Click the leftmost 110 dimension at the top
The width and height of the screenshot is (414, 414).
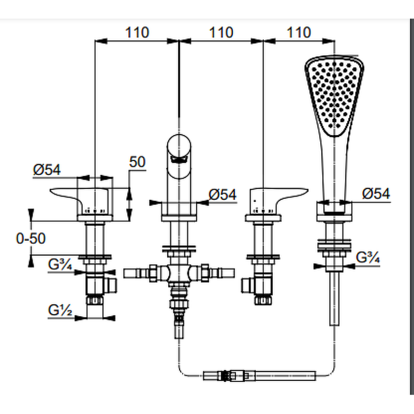pyautogui.click(x=137, y=32)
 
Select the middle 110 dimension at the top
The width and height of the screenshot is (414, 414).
pyautogui.click(x=221, y=32)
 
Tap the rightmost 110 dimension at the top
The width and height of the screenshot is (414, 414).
pyautogui.click(x=299, y=32)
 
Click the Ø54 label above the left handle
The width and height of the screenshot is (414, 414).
pyautogui.click(x=47, y=170)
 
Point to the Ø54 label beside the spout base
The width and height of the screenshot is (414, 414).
pyautogui.click(x=222, y=195)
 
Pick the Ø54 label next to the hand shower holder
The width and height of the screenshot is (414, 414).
pyautogui.click(x=376, y=194)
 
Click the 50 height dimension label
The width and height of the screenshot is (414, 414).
pyautogui.click(x=137, y=162)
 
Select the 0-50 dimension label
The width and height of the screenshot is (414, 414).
pyautogui.click(x=31, y=239)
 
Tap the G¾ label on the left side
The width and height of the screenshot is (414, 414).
pyautogui.click(x=60, y=264)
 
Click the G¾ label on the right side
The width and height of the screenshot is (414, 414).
pyautogui.click(x=368, y=257)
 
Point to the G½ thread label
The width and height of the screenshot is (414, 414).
pyautogui.click(x=60, y=310)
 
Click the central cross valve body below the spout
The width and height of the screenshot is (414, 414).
pyautogui.click(x=179, y=273)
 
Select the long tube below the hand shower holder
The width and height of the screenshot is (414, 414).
pyautogui.click(x=334, y=299)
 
